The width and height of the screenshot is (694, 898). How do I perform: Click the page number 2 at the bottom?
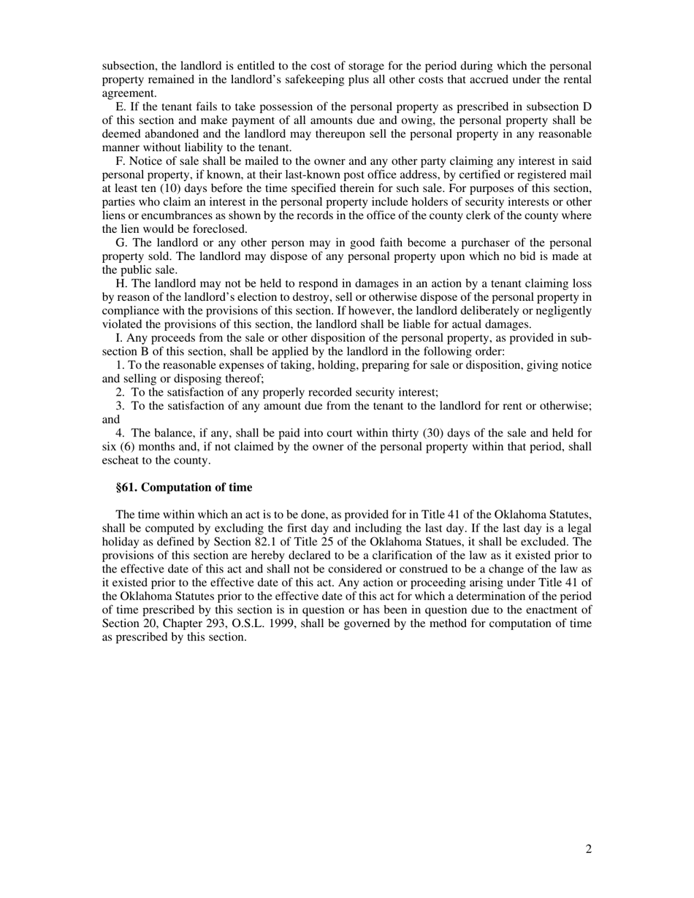coord(588,848)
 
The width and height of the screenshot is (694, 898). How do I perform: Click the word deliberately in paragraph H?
coord(487,311)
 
